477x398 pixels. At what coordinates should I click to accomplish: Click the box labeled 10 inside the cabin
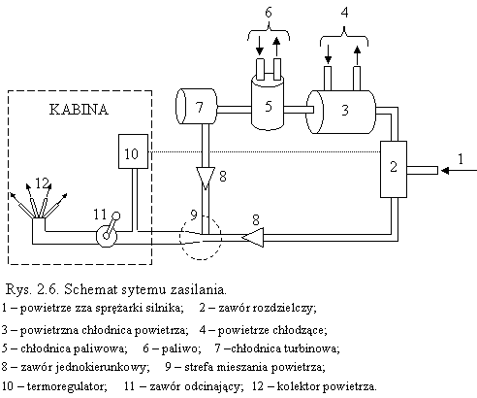[x=133, y=151]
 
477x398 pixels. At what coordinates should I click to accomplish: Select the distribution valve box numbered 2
[x=394, y=169]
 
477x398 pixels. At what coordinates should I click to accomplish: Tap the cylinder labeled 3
[x=341, y=112]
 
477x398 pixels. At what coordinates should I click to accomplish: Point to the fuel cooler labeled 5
[x=268, y=103]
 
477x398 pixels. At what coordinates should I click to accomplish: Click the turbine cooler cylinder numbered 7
[x=196, y=106]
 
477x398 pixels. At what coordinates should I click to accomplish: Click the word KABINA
[x=79, y=110]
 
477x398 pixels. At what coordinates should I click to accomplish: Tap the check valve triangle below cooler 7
[x=206, y=178]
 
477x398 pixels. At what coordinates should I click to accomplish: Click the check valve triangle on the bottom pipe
[x=253, y=238]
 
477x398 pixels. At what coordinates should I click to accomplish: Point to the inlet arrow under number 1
[x=459, y=170]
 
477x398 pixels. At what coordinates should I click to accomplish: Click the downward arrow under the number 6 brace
[x=260, y=46]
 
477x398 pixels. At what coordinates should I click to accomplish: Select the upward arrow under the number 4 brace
[x=357, y=55]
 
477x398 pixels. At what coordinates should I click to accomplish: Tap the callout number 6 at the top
[x=269, y=13]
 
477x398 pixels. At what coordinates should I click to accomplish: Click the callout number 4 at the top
[x=344, y=13]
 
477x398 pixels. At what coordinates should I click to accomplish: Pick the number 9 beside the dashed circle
[x=194, y=215]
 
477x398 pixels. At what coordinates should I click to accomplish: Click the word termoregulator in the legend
[x=67, y=386]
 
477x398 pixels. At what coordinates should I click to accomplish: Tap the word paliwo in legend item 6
[x=179, y=348]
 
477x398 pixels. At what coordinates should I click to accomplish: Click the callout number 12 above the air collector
[x=42, y=183]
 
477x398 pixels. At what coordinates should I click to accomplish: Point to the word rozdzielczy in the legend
[x=283, y=308]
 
